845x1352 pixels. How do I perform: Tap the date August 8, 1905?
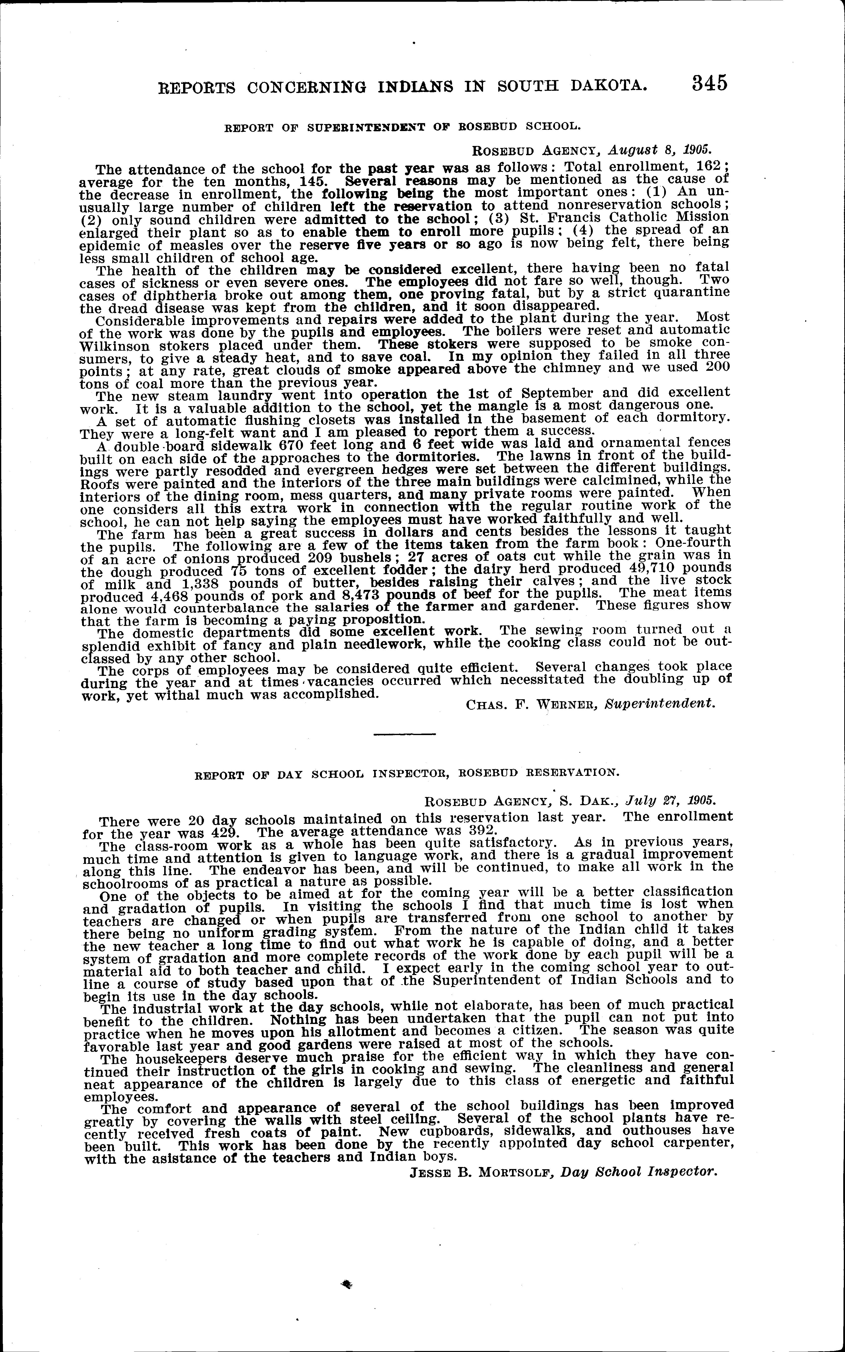coord(659,150)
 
